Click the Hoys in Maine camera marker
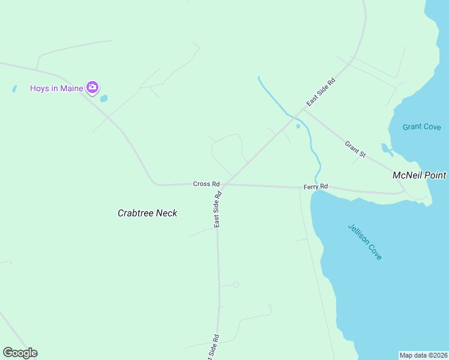pos(92,88)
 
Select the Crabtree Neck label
pos(147,213)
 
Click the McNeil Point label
pos(419,175)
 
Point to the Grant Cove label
pos(421,127)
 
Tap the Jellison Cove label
pos(365,242)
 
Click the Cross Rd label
pos(206,184)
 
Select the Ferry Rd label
pos(315,187)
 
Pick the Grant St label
pos(355,149)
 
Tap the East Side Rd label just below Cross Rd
pos(217,209)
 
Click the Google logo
pos(20,353)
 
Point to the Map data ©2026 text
pos(423,355)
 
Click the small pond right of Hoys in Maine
pos(104,98)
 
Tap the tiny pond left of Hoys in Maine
pos(14,89)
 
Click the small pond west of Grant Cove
pos(386,148)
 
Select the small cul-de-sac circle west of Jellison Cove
pos(237,285)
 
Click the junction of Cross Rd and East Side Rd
pos(224,184)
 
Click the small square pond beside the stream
pos(298,126)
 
